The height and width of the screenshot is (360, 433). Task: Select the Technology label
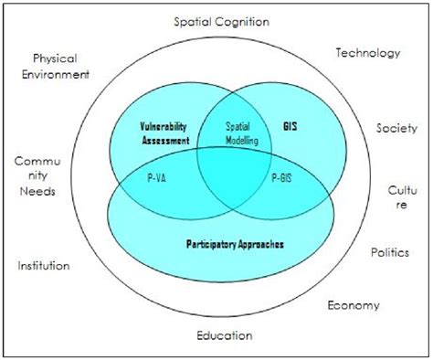[x=367, y=53]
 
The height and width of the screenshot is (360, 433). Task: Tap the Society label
[x=396, y=128]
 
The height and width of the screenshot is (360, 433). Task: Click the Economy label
[x=354, y=305]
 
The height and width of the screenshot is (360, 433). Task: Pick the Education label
[x=224, y=335]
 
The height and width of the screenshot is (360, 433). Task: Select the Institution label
[x=44, y=266]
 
